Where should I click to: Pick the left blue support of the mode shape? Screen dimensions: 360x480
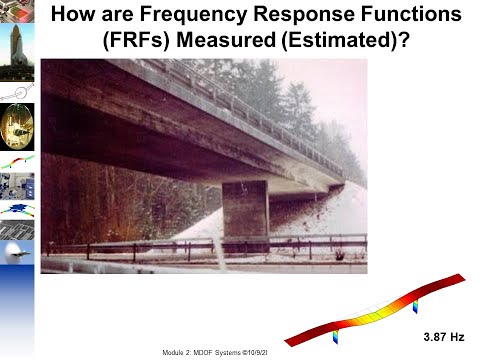[x=337, y=331]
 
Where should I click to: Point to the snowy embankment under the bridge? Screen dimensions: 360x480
[x=320, y=220]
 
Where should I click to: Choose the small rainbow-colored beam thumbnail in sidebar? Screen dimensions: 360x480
[x=16, y=160]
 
